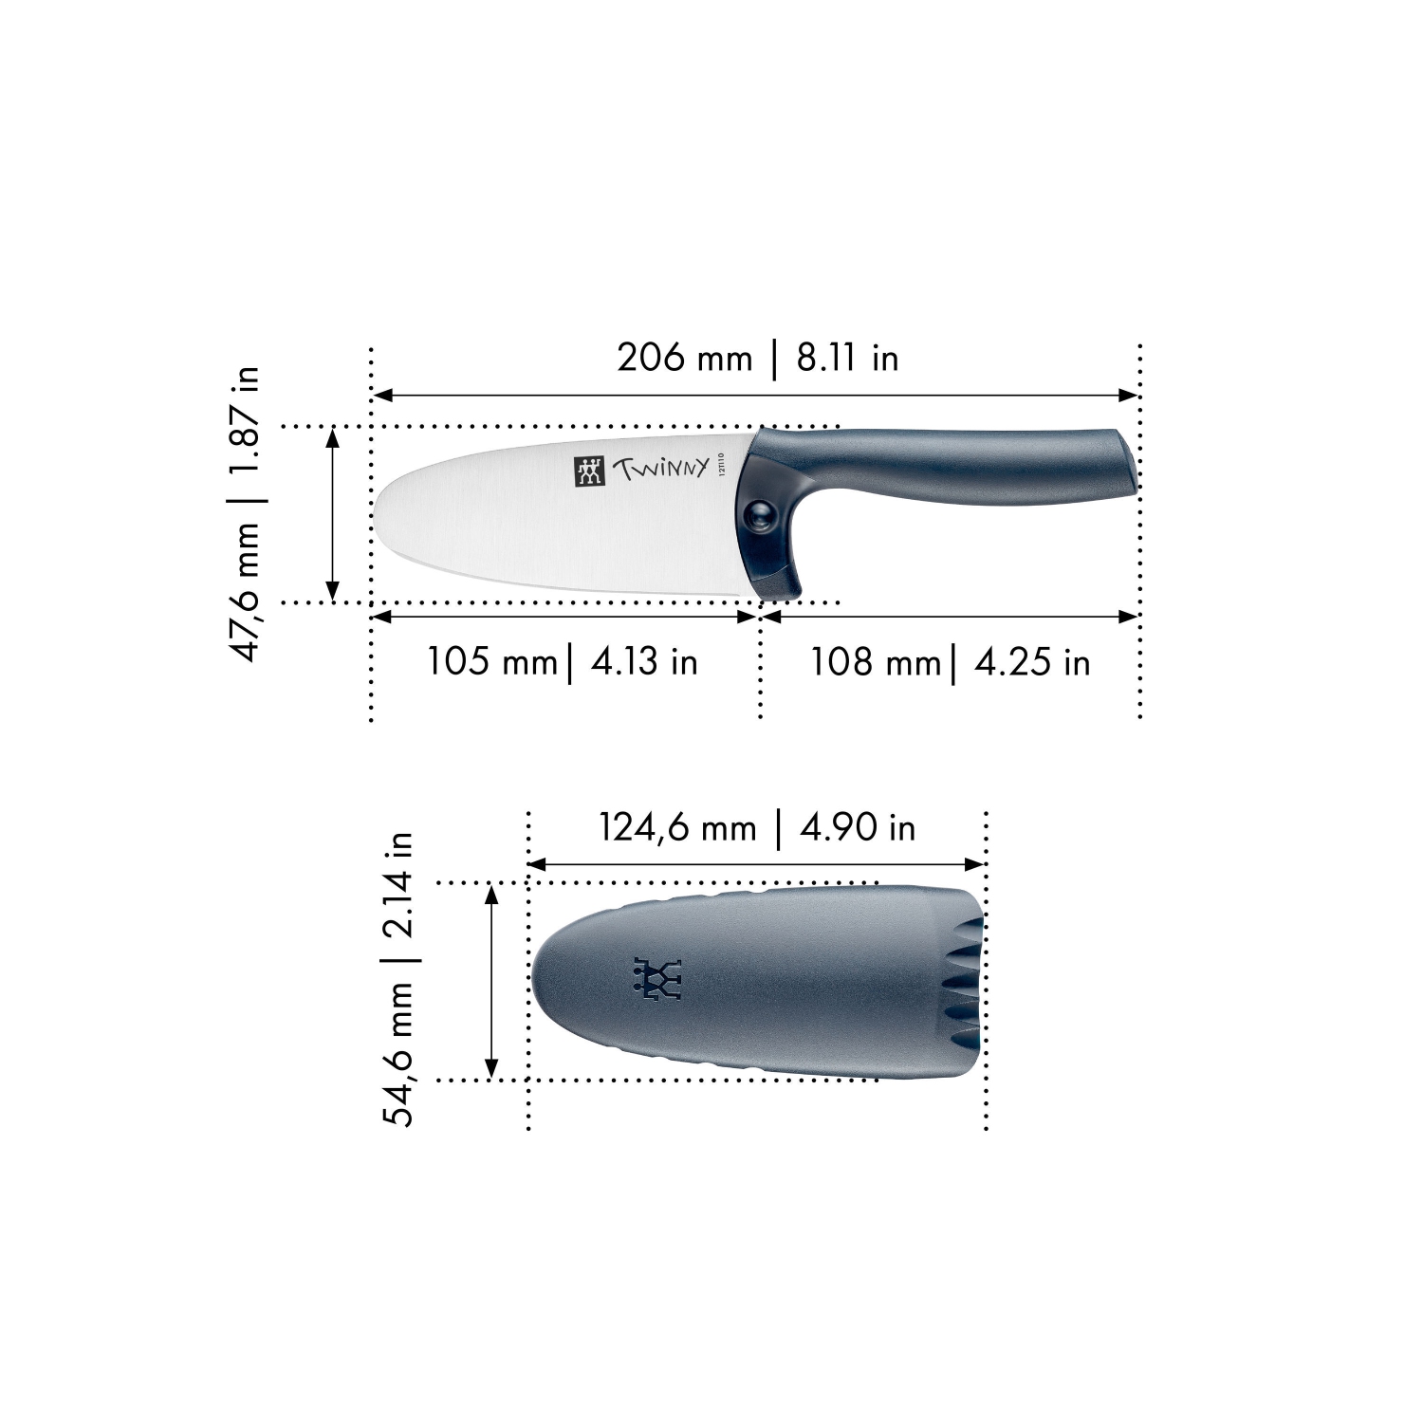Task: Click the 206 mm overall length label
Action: [x=684, y=358]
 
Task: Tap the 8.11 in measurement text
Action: [x=847, y=358]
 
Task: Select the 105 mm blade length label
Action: [x=491, y=661]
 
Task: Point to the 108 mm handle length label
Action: [x=874, y=661]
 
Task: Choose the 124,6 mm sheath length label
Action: [x=676, y=827]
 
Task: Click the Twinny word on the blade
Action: [x=660, y=468]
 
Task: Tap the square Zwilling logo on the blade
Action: [x=589, y=471]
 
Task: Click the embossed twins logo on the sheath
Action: [x=657, y=979]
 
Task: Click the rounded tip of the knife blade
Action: [x=379, y=512]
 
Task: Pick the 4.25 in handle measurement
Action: [x=1032, y=661]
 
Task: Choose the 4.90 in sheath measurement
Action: [x=858, y=827]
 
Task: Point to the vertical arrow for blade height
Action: [x=332, y=514]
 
